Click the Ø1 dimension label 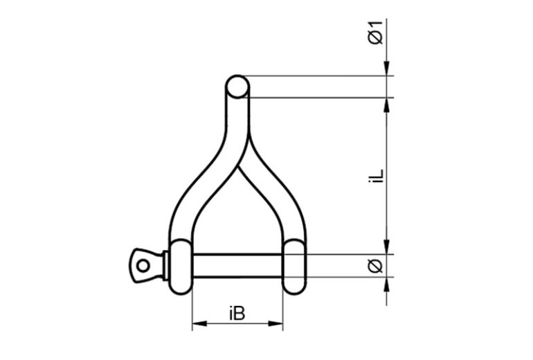click(375, 32)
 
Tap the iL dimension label click(376, 176)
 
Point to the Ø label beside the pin click(375, 266)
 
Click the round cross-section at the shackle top click(237, 87)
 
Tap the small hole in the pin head click(143, 265)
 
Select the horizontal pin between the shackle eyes click(237, 266)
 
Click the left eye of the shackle click(180, 267)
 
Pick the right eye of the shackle click(295, 267)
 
